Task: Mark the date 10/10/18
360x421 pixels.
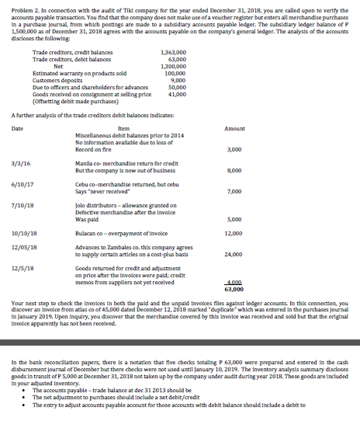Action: pos(23,232)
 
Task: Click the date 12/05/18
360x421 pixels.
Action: pos(23,247)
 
